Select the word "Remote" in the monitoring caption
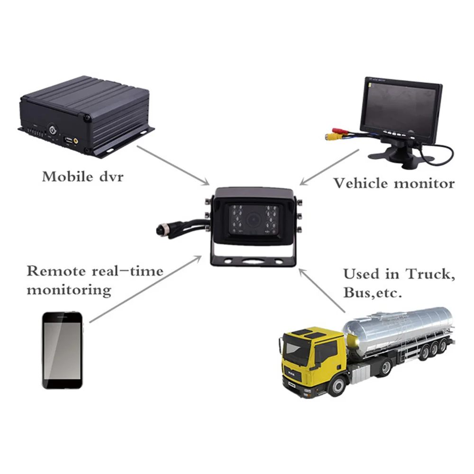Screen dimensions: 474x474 point(56,271)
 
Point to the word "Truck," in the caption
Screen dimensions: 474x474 point(430,273)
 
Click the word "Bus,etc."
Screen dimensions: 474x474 point(373,292)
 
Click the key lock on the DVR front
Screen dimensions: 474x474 point(53,130)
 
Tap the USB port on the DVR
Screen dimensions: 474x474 point(68,140)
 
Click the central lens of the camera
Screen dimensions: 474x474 point(253,219)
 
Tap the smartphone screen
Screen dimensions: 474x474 point(62,351)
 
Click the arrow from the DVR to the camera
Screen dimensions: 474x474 point(173,165)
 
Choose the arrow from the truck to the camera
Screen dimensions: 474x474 point(322,291)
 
